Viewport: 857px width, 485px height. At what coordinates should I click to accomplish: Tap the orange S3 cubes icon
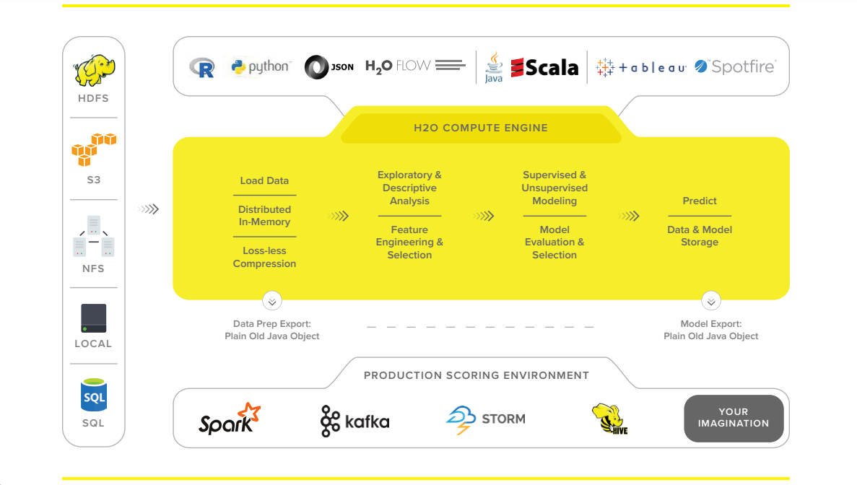click(x=93, y=149)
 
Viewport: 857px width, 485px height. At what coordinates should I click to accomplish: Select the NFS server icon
click(x=94, y=236)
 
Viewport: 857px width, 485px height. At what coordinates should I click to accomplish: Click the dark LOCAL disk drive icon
click(x=94, y=318)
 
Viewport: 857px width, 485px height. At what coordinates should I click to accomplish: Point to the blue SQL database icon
click(x=94, y=396)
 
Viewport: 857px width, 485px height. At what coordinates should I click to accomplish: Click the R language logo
click(x=202, y=68)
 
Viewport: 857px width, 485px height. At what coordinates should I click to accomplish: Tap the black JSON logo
click(x=329, y=67)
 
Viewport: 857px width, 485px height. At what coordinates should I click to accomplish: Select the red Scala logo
click(x=544, y=68)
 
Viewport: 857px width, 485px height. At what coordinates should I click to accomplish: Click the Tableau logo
click(x=640, y=68)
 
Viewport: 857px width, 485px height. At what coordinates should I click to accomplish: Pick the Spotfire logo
click(x=735, y=67)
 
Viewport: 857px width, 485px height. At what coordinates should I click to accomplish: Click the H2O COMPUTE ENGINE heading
click(x=481, y=128)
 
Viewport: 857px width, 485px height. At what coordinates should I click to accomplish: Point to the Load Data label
click(x=264, y=180)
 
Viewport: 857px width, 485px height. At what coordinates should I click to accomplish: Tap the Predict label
click(x=700, y=201)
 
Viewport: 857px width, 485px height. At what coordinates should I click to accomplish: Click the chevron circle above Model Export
click(x=711, y=301)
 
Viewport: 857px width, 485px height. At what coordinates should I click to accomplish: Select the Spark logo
click(x=229, y=418)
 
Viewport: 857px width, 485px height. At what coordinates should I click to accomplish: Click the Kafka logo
click(x=354, y=421)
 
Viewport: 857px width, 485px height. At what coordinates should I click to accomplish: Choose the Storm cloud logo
click(x=485, y=419)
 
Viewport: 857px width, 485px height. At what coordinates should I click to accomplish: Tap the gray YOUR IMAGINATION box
click(x=734, y=418)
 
